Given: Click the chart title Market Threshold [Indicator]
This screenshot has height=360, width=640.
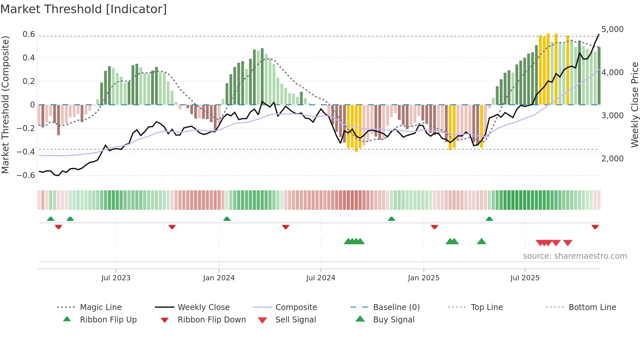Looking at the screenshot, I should (x=84, y=9).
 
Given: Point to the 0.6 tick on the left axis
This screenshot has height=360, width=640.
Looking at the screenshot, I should (x=29, y=34).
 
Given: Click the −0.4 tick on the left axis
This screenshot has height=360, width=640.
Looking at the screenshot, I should (x=26, y=152).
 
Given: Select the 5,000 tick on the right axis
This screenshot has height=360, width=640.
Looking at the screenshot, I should (x=612, y=29).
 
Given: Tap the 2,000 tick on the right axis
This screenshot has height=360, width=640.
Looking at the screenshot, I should (x=612, y=159).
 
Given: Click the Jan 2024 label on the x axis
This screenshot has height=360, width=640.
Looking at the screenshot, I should (x=219, y=278).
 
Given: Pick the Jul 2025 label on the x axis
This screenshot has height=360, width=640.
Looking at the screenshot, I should (x=525, y=278).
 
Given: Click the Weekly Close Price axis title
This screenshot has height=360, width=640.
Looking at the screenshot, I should (x=634, y=105).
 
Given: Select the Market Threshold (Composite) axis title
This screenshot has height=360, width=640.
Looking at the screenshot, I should (x=5, y=105).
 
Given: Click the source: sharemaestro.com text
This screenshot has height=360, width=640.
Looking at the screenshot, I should (x=575, y=256).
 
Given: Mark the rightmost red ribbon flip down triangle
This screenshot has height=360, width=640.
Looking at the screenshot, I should (x=595, y=227).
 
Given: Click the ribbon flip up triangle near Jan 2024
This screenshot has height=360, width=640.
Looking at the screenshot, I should (x=227, y=219).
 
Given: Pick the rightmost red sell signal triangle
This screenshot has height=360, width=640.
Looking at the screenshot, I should (x=568, y=243).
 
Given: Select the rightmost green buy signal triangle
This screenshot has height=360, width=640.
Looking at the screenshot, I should (x=481, y=241).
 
